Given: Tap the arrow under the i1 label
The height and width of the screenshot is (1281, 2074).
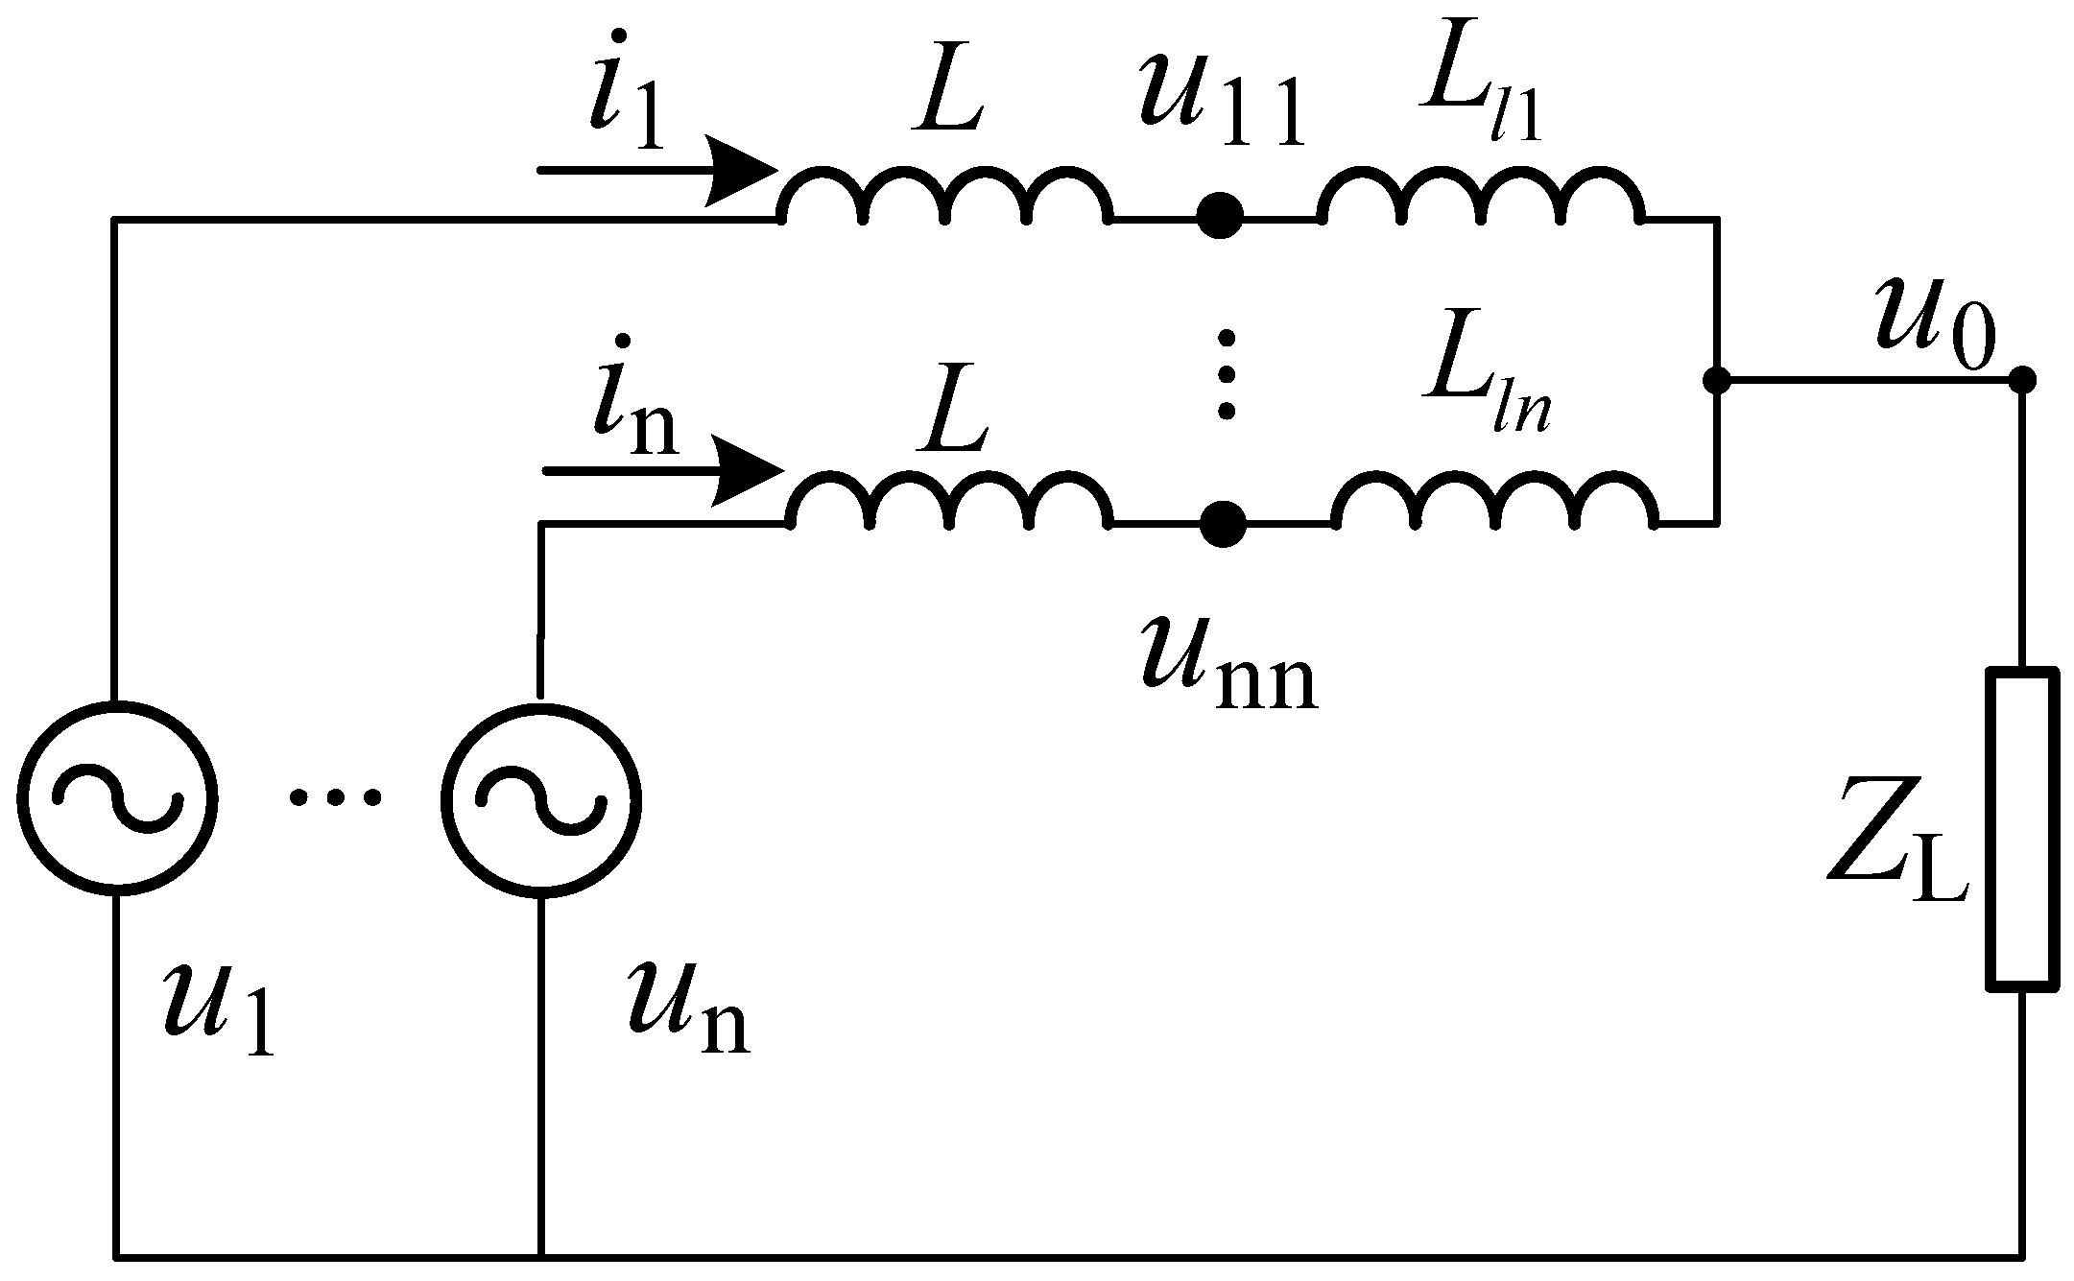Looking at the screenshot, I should click(x=658, y=171).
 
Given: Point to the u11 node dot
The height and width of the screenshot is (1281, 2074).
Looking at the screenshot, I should click(x=1220, y=217).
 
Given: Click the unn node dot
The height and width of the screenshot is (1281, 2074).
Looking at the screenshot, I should click(x=1222, y=524).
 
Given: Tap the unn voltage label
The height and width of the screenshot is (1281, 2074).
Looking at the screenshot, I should click(x=1228, y=667).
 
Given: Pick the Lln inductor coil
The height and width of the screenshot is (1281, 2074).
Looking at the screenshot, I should click(x=1493, y=503).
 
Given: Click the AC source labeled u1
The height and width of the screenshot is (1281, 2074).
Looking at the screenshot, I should click(x=116, y=797).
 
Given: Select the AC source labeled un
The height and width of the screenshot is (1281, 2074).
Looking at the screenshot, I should click(x=540, y=799).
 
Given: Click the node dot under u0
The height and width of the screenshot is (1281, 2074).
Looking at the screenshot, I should click(x=2022, y=380).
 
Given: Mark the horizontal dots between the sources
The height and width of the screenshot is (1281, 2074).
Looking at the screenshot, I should click(x=335, y=796).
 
